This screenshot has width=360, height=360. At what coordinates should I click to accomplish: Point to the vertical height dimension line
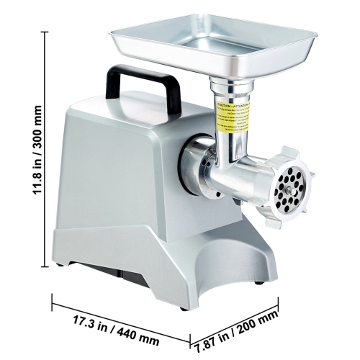tap(46, 150)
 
